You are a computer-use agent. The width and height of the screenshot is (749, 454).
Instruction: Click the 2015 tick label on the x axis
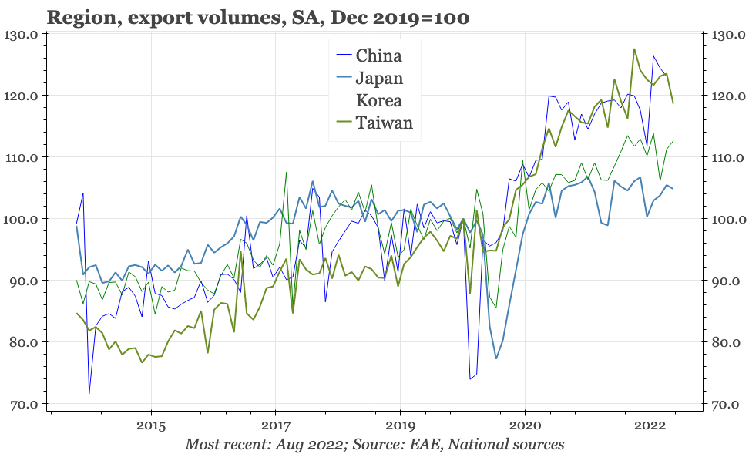151,425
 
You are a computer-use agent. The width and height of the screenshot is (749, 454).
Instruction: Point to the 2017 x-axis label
275,425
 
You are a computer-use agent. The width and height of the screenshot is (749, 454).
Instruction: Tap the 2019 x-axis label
400,425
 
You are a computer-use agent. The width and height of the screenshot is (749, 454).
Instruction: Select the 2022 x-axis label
649,425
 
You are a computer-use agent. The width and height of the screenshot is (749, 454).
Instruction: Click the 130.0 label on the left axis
22,35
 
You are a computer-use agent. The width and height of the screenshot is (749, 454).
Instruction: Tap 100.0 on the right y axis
728,220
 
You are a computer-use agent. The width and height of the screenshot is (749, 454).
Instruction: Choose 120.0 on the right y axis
728,96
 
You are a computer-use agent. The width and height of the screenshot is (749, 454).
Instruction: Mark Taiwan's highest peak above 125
634,49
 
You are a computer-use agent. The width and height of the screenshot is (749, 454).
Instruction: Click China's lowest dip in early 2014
89,393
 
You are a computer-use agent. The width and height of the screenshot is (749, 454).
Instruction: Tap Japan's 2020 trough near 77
495,358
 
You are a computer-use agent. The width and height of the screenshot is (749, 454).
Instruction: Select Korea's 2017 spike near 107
286,173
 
